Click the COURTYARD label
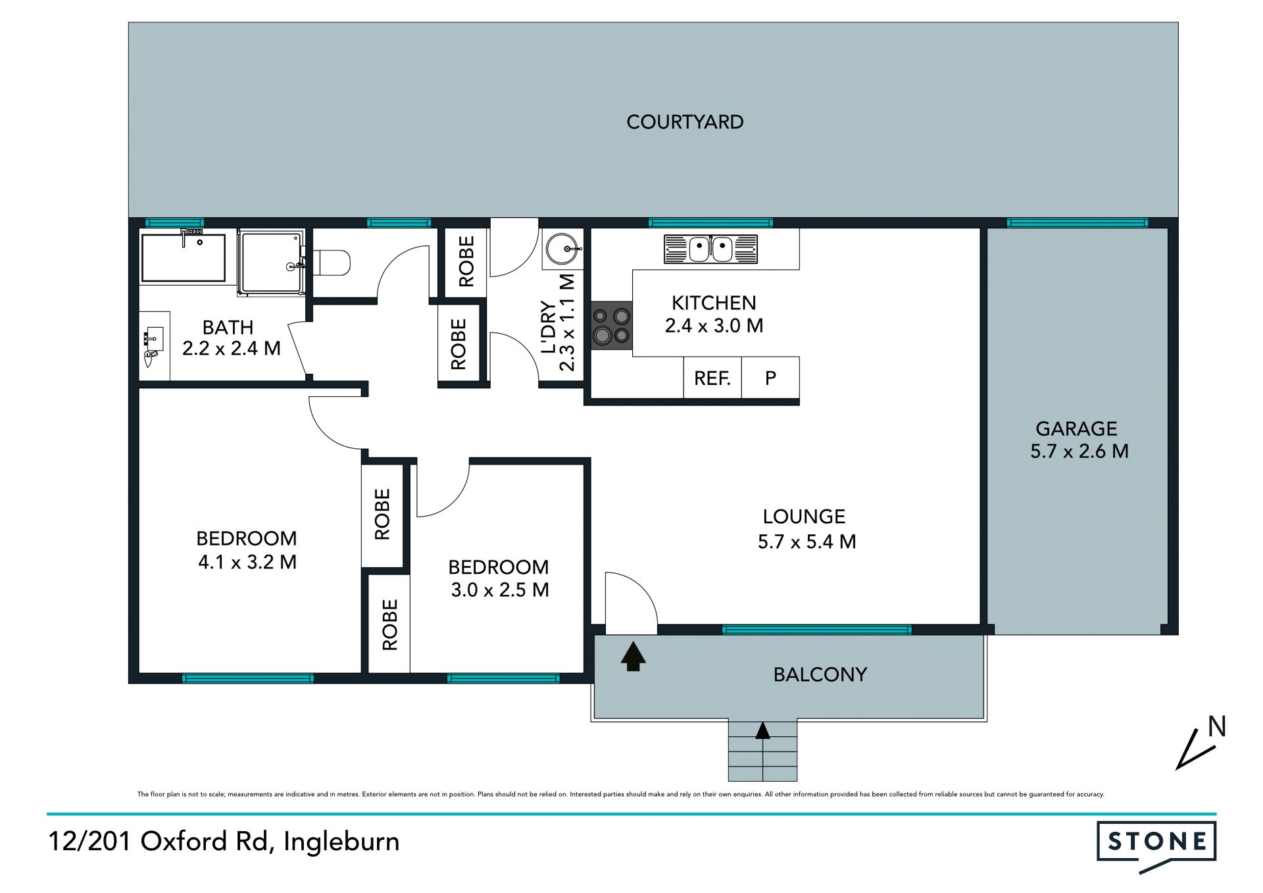tap(685, 122)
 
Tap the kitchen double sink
tap(710, 249)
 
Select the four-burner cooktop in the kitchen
tap(612, 326)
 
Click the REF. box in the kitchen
tap(712, 378)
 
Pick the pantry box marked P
tap(770, 378)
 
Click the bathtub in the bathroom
tap(184, 257)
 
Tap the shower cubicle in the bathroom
tap(271, 261)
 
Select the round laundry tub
tap(563, 249)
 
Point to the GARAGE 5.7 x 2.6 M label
tap(1079, 440)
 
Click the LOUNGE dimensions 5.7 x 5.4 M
tap(806, 542)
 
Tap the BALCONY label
tap(820, 675)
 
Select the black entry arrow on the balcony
tap(633, 656)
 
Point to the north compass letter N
tap(1217, 727)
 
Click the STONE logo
tap(1156, 845)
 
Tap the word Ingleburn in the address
tap(341, 841)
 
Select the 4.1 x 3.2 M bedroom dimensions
tap(247, 562)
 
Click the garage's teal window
tap(1077, 223)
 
